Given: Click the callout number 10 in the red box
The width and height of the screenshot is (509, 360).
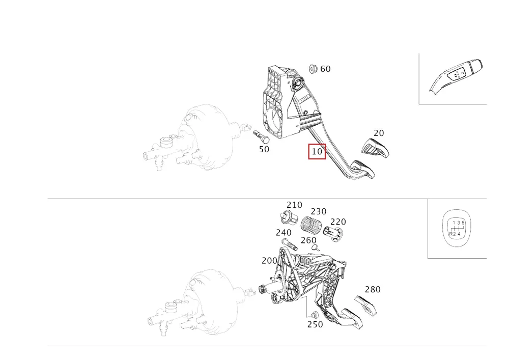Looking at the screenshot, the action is tap(317, 152).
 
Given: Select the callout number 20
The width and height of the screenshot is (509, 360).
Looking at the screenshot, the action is tap(379, 133).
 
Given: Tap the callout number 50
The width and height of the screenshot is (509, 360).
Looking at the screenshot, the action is tap(264, 149).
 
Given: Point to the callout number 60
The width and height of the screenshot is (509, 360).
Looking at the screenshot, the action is tap(325, 69).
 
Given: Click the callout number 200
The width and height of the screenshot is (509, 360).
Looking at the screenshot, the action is tap(269, 261).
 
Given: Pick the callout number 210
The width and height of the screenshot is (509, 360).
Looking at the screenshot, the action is tap(294, 205).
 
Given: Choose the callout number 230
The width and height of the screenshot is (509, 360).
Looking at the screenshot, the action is tap(319, 212).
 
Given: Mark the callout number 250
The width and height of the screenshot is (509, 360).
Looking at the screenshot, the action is tap(315, 324).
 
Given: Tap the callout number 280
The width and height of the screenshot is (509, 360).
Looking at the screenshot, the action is tap(373, 290).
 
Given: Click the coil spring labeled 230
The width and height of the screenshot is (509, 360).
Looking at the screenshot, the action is tap(310, 225).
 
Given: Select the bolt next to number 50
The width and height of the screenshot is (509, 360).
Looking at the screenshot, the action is tap(261, 136).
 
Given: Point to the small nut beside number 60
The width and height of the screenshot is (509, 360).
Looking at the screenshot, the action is tap(313, 69).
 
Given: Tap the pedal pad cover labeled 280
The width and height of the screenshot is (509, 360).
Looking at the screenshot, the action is tap(365, 305).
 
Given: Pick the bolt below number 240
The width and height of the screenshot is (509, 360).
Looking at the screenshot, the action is tap(290, 244).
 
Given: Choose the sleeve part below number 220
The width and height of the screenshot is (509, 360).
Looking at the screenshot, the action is tap(333, 234).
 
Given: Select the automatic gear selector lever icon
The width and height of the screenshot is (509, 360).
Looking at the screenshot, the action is tap(456, 76).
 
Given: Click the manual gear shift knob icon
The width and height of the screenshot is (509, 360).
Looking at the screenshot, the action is tap(457, 229).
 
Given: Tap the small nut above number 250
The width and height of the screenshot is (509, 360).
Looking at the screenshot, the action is tap(314, 315).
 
